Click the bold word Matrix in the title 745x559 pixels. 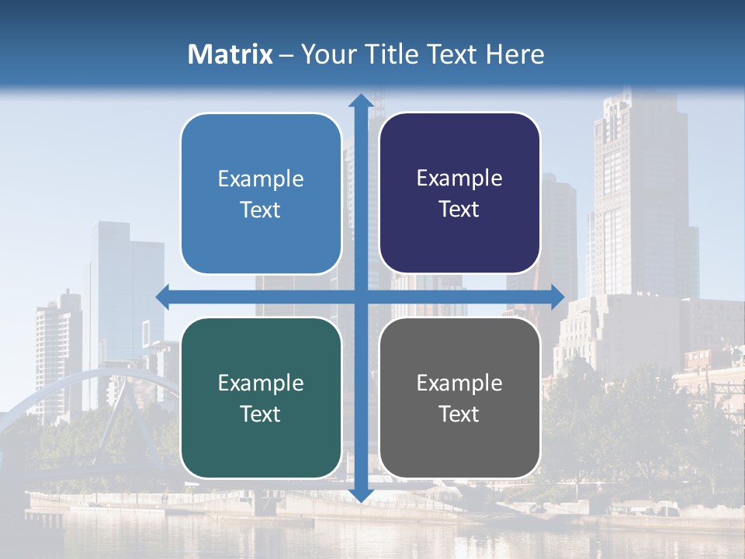click(230, 54)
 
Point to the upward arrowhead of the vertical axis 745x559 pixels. click(360, 101)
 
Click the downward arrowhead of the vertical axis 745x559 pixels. click(360, 494)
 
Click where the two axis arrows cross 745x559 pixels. click(360, 297)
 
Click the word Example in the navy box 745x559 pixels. click(459, 179)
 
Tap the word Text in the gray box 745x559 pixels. click(459, 414)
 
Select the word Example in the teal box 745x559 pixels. click(261, 383)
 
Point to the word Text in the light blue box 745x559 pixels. click(261, 210)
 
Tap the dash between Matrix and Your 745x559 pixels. click(287, 54)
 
